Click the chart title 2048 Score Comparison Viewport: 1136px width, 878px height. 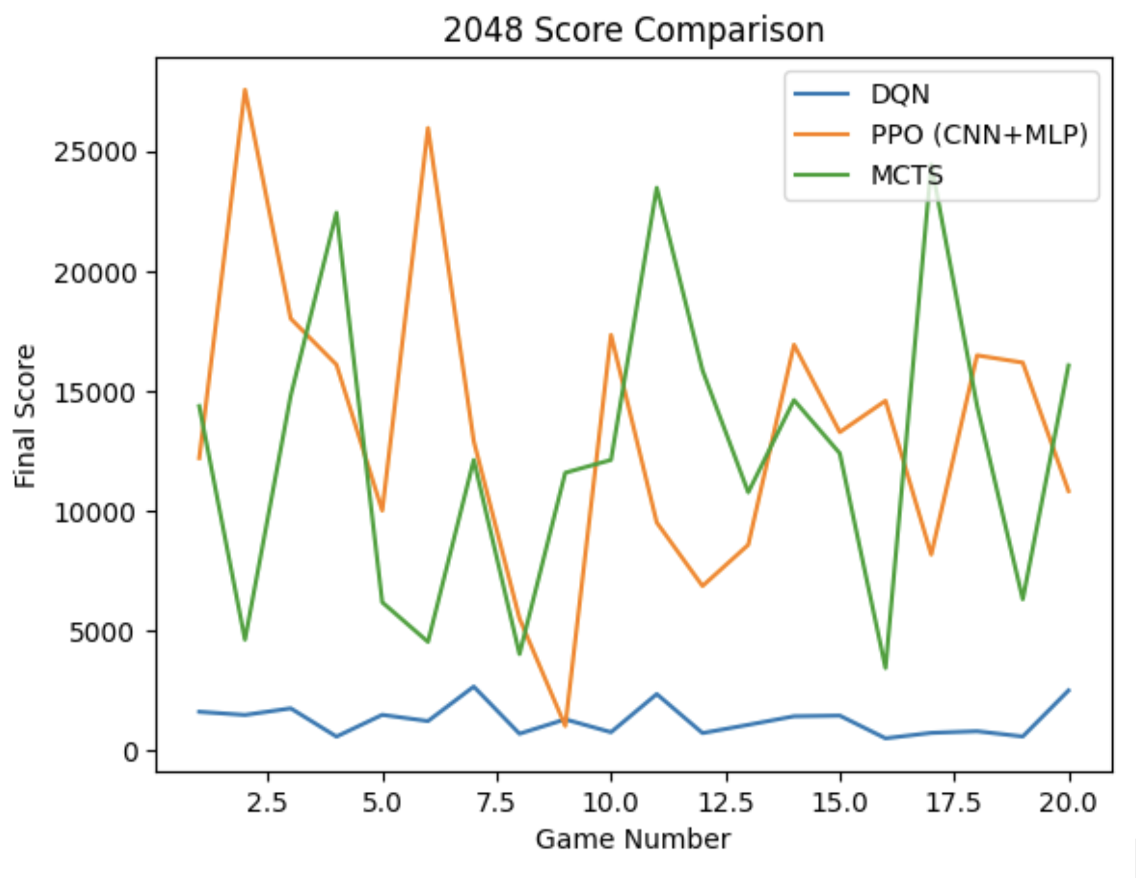[633, 30]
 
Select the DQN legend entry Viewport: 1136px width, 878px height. [900, 95]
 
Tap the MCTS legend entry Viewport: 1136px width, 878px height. [906, 175]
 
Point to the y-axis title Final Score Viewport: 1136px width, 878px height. [25, 416]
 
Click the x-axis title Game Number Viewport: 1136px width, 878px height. [633, 839]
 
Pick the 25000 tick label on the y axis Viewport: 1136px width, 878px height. [96, 153]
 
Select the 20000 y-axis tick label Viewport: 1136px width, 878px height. [96, 273]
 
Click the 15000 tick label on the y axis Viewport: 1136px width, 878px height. [96, 392]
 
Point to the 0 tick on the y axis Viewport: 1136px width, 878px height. [131, 752]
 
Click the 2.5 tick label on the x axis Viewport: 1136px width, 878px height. [267, 803]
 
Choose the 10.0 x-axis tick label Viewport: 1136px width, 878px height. [611, 803]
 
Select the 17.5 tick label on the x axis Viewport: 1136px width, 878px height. [954, 803]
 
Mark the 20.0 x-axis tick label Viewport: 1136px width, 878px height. [1068, 803]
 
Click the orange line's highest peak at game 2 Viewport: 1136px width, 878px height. [245, 90]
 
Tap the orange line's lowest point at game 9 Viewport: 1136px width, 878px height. [565, 726]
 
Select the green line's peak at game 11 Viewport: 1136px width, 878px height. [657, 187]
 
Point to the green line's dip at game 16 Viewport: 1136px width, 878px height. [886, 668]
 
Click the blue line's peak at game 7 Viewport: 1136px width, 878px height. [473, 686]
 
